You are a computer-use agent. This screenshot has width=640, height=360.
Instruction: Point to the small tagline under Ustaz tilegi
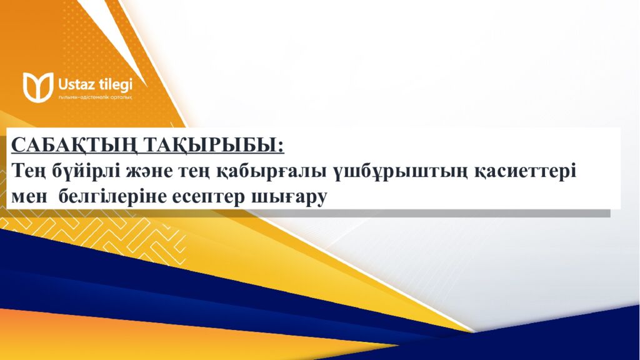click(x=94, y=97)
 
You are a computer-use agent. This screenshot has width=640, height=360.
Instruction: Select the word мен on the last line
click(x=29, y=196)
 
